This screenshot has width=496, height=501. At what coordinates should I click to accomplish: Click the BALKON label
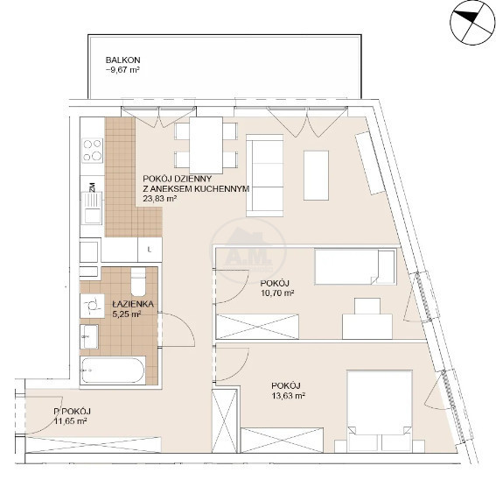(x=122, y=60)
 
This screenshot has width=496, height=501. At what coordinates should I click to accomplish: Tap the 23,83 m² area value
(x=160, y=199)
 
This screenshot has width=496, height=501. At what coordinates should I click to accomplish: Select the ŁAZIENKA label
(x=133, y=304)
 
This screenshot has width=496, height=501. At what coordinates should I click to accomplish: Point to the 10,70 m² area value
(x=277, y=293)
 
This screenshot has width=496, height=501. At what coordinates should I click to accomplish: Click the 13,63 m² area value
(x=288, y=396)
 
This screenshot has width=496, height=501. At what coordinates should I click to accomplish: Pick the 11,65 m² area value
(x=71, y=420)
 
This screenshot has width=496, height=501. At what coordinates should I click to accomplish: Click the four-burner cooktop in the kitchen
(x=93, y=150)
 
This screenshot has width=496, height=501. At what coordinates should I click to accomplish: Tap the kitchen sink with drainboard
(x=92, y=208)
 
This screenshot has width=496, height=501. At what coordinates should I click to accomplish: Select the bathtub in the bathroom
(x=113, y=370)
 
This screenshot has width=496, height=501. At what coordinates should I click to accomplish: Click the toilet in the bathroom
(x=138, y=281)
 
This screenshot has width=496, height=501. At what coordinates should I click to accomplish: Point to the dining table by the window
(x=206, y=145)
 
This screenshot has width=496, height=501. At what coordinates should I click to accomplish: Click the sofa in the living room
(x=265, y=175)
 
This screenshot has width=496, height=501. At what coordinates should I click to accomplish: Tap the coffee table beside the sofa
(x=316, y=175)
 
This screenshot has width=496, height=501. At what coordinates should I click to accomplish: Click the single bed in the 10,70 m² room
(x=355, y=267)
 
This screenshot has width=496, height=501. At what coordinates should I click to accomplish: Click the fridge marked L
(x=150, y=250)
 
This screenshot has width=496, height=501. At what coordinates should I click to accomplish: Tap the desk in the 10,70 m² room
(x=367, y=326)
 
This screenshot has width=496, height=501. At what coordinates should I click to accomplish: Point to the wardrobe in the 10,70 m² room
(x=257, y=326)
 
